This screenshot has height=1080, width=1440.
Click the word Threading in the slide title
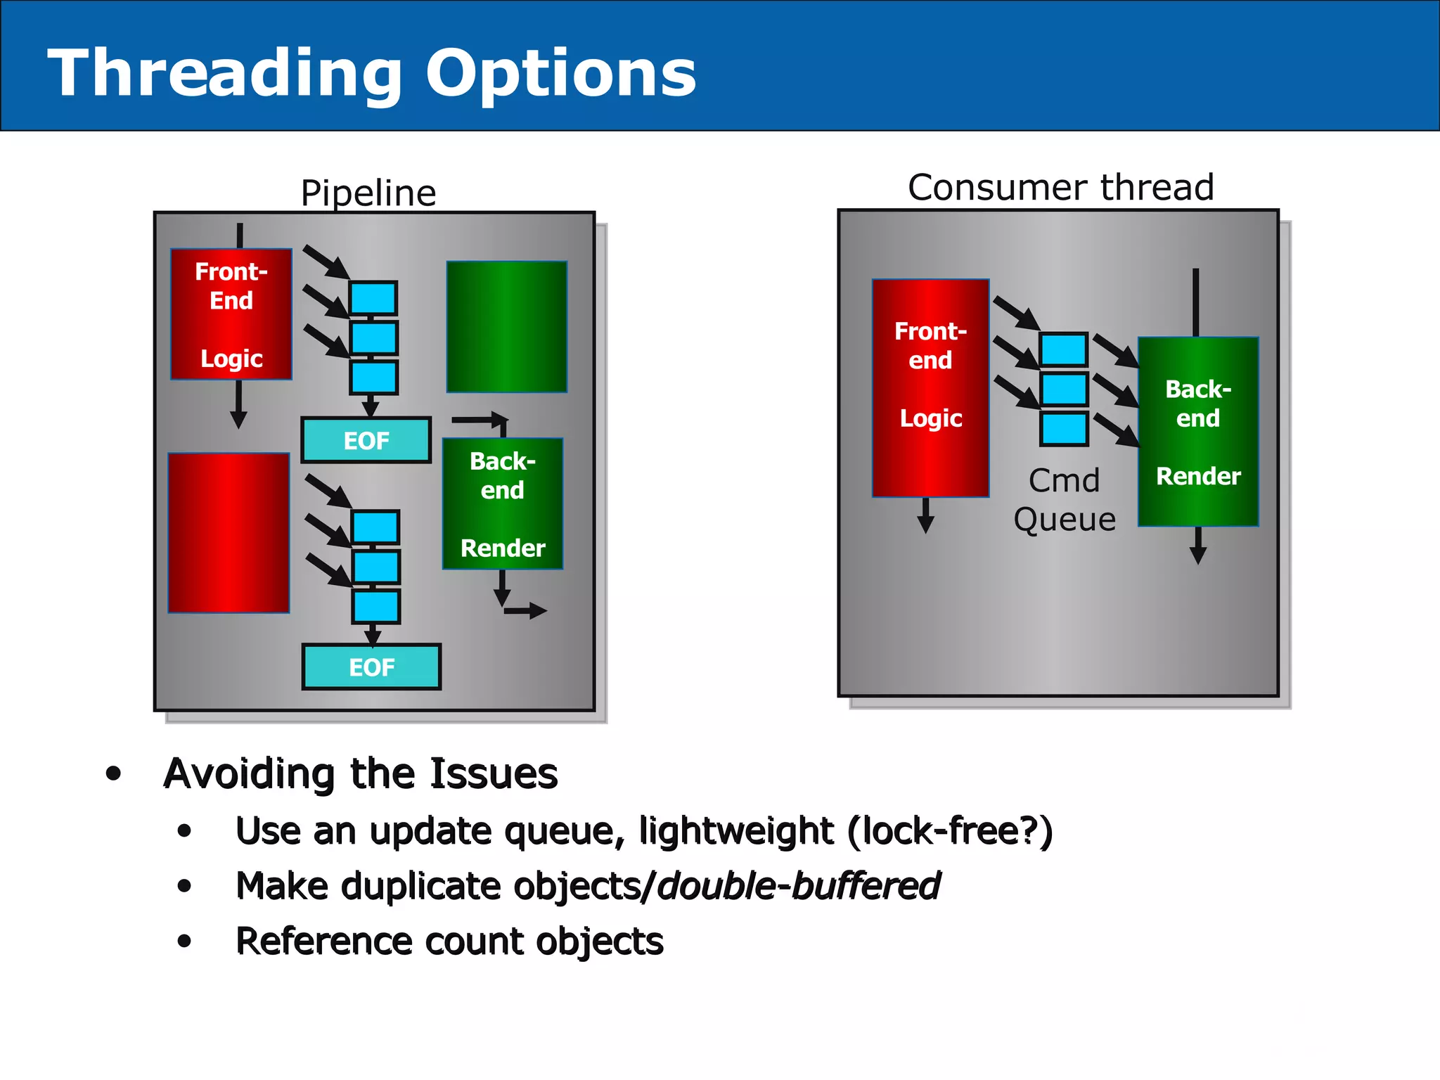(225, 74)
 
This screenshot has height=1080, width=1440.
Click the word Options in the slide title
(560, 74)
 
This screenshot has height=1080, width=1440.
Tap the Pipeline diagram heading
(368, 193)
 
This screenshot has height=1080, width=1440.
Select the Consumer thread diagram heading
(1061, 188)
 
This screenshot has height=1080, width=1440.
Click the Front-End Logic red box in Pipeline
(231, 314)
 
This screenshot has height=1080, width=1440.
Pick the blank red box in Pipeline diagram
(229, 533)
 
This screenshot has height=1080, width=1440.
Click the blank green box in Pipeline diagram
(506, 327)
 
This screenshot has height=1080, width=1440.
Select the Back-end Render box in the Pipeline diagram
(503, 503)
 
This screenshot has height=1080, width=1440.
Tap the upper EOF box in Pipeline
(366, 440)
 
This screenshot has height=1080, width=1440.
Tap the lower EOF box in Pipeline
(371, 667)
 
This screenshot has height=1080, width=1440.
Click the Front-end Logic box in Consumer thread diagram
(930, 388)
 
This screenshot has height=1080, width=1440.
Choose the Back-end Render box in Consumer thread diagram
(1198, 432)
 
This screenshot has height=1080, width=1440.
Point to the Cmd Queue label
(1065, 500)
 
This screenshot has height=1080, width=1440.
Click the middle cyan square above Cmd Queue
(1064, 389)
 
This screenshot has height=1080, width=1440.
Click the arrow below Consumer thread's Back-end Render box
(1198, 546)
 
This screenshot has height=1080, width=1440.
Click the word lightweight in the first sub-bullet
(735, 831)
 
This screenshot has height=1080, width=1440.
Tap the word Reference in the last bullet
(323, 941)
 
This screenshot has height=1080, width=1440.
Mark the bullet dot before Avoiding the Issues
(113, 774)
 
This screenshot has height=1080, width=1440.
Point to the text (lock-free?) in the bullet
(950, 831)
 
